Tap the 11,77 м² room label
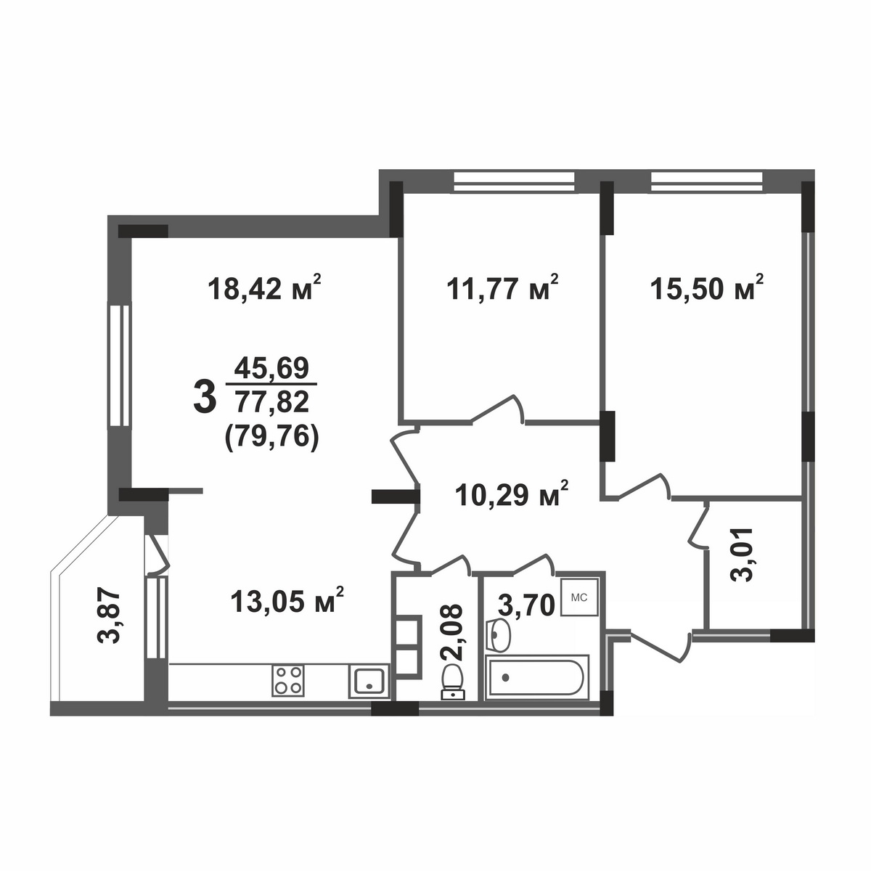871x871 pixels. [502, 288]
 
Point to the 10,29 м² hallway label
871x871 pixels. [512, 494]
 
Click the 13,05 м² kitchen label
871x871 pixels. [287, 600]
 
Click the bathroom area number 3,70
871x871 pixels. [526, 605]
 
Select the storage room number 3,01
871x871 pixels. [743, 555]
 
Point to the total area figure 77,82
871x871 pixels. [271, 401]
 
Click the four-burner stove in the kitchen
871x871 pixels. [288, 680]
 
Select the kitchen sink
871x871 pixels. [369, 681]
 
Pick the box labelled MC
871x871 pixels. [579, 597]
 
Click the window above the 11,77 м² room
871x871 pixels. [515, 181]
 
